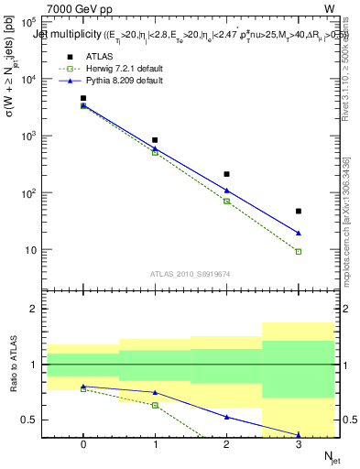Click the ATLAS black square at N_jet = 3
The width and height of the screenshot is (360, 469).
299,211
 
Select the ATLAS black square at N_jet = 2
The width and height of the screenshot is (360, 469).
226,173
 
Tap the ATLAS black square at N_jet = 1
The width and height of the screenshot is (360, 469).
155,140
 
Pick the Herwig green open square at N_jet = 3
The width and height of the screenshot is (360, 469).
299,251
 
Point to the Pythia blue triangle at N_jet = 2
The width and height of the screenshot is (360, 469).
226,191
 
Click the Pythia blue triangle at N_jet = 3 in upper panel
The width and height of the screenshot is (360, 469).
299,233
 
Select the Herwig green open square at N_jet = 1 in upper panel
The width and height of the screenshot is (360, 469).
155,152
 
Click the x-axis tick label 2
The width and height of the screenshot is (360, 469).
226,443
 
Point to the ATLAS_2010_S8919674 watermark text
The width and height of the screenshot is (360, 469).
191,274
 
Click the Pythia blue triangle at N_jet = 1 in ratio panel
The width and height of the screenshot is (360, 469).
155,392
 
